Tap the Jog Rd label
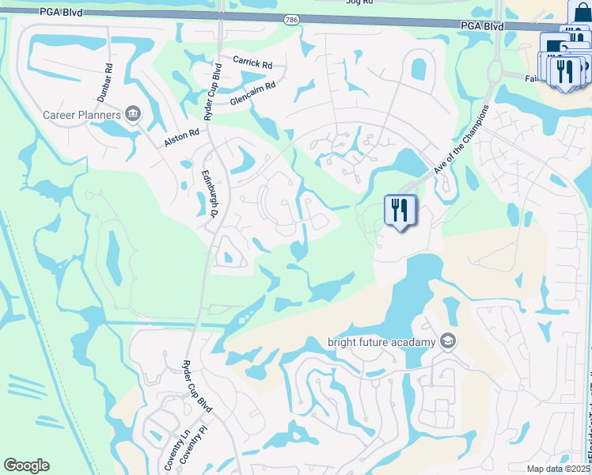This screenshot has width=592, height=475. [359, 2]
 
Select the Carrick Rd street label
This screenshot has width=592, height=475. [252, 61]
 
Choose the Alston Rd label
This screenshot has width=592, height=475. [182, 137]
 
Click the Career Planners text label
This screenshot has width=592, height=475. [82, 115]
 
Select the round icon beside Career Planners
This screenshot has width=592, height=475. [132, 115]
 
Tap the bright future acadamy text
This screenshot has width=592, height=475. [381, 342]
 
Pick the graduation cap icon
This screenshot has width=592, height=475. [447, 341]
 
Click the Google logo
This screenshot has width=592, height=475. [26, 465]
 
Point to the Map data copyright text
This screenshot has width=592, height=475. [557, 469]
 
